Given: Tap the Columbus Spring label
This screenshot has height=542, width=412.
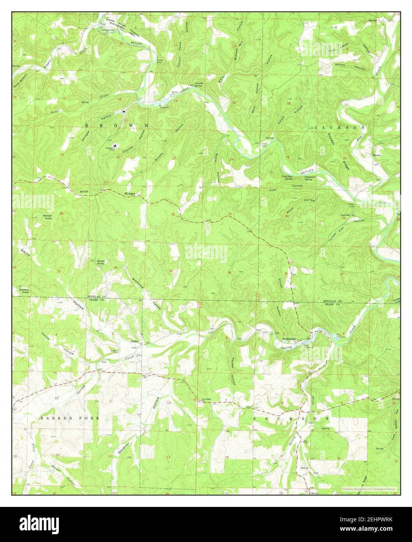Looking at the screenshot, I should (309, 178).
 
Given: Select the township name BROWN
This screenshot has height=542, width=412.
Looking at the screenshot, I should (116, 126).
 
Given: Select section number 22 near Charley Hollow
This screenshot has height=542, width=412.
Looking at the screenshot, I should (117, 157).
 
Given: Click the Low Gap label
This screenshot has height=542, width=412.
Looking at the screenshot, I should (345, 214).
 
